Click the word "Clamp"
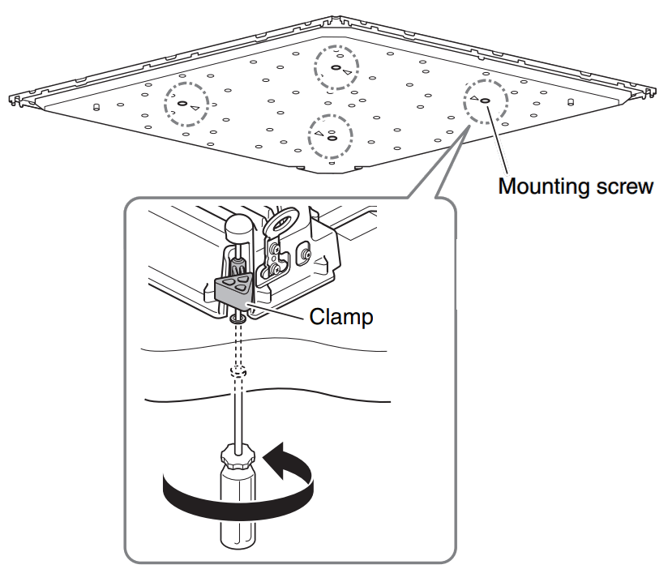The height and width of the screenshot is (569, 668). coord(340,317)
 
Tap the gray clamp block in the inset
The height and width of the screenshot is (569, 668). coord(235,289)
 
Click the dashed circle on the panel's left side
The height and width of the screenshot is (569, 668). coord(186,104)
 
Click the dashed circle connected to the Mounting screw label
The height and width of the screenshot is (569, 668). coord(485,101)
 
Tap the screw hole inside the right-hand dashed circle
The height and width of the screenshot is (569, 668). coord(485,101)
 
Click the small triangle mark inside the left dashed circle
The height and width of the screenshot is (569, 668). coord(195,106)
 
